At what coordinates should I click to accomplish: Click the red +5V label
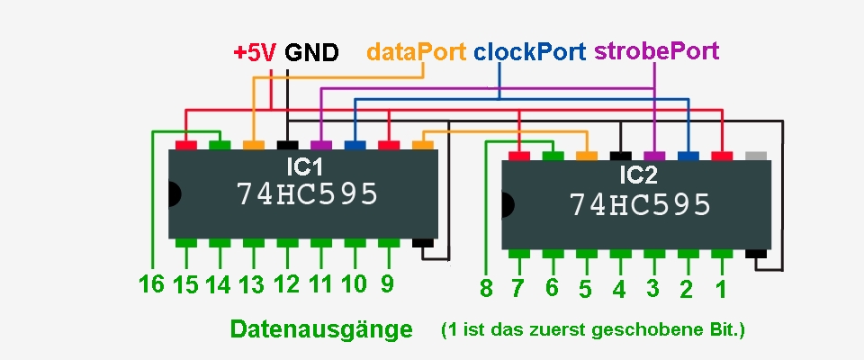pos(256,52)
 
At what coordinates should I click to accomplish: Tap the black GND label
pos(311,52)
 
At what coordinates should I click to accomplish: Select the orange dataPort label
pos(416,51)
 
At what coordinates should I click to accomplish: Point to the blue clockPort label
pos(529,51)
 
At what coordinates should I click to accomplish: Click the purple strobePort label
pos(657,51)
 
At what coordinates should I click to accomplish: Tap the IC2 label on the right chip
pos(639,173)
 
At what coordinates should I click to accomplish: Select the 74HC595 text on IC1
pos(307,194)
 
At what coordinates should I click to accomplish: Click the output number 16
pos(151,285)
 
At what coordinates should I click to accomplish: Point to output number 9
pos(387,284)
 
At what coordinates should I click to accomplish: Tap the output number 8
pos(486,289)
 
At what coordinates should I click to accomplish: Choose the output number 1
pos(719,289)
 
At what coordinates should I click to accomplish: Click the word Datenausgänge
pos(321,329)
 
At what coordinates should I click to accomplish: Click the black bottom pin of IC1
pos(422,243)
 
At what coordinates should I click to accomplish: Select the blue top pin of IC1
pos(355,144)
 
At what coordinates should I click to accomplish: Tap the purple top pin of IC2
pos(654,156)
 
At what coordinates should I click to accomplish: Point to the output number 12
pos(286,285)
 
